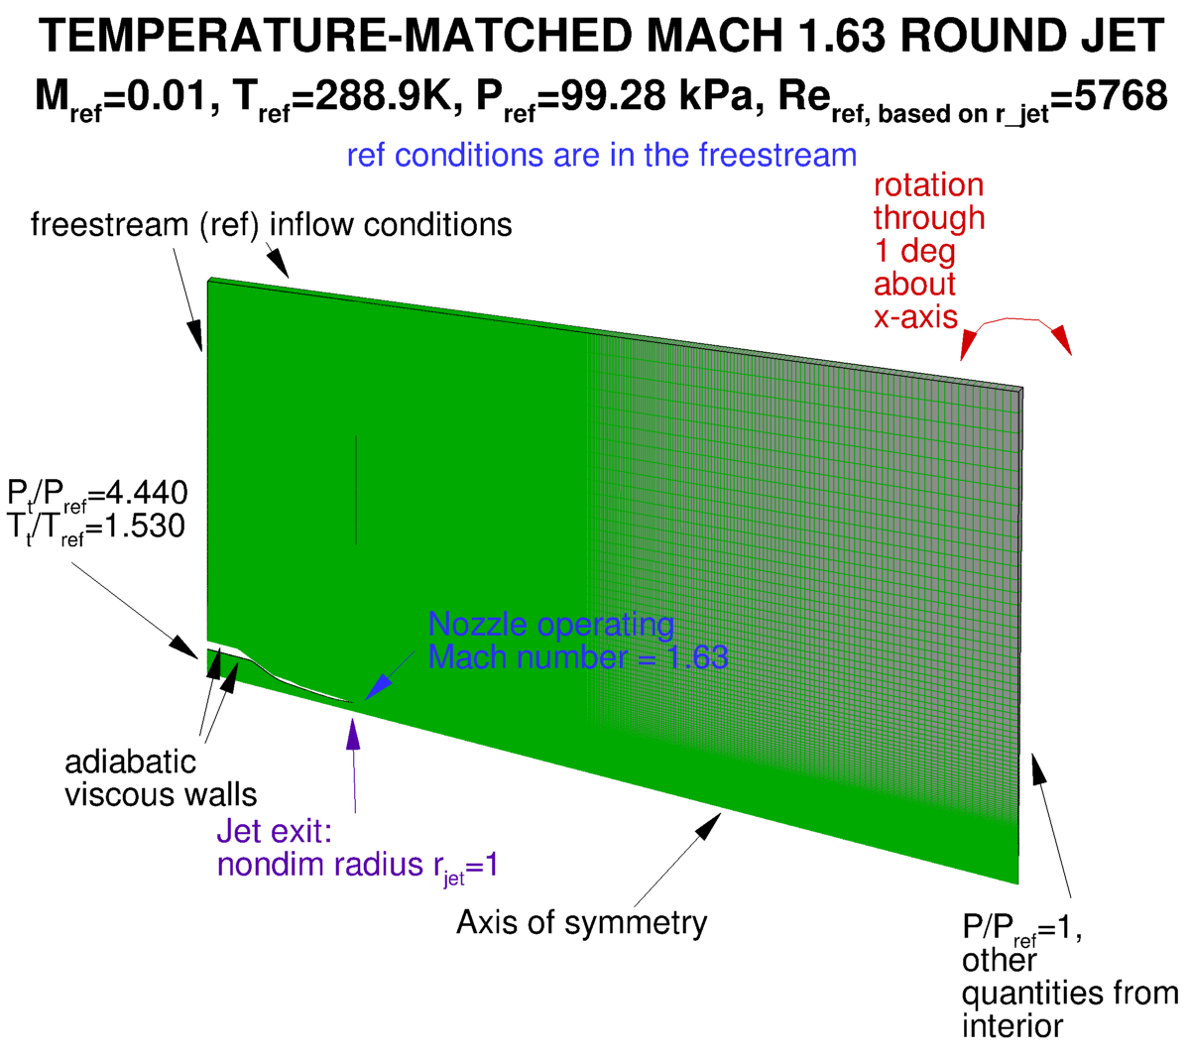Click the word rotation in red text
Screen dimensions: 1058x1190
coord(928,185)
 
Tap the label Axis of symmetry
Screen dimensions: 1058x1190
coord(581,923)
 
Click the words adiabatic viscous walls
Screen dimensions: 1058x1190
coord(160,778)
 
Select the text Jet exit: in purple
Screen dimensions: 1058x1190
coord(275,831)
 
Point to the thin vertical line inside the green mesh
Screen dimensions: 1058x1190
coord(355,491)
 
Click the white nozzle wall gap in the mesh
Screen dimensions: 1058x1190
coord(283,677)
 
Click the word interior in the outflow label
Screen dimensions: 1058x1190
coord(1012,1025)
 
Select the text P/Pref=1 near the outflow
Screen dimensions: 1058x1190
coord(1019,929)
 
